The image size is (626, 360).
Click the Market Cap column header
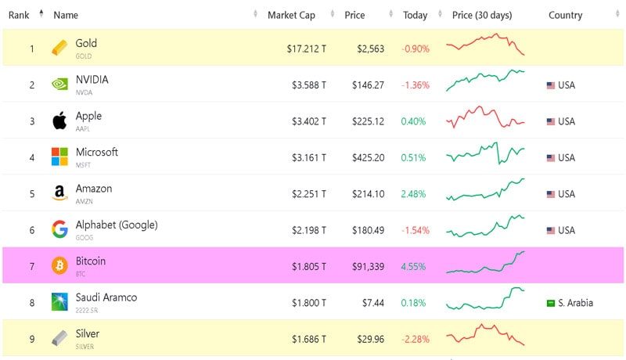click(x=291, y=15)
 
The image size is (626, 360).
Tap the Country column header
click(x=565, y=15)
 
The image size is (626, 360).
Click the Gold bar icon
click(x=59, y=49)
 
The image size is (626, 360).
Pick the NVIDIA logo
click(x=59, y=85)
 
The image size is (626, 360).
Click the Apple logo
click(x=59, y=121)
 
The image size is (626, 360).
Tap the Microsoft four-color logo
click(x=59, y=157)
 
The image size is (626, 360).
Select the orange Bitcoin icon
click(x=59, y=266)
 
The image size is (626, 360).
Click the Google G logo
click(x=59, y=229)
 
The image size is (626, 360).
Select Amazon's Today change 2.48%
click(x=413, y=193)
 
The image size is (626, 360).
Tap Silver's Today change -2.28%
click(x=415, y=339)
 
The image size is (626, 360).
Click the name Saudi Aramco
click(x=106, y=297)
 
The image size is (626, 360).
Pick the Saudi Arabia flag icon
click(x=550, y=303)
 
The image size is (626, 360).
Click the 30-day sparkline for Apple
click(x=485, y=118)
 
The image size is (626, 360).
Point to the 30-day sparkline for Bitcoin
click(x=485, y=264)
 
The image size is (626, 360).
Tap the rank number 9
click(x=32, y=339)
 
